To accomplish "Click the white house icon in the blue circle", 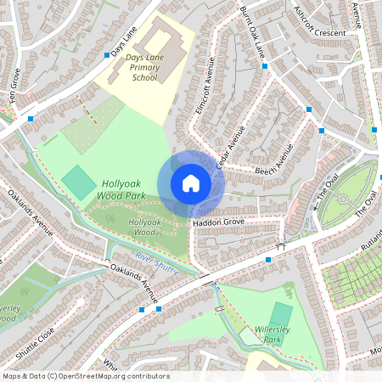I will point(191,183).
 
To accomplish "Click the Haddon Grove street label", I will point(218,222).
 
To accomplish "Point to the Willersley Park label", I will point(273,333).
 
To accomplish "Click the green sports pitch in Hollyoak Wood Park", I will point(79,181).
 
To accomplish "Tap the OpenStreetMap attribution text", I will point(85,376).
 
